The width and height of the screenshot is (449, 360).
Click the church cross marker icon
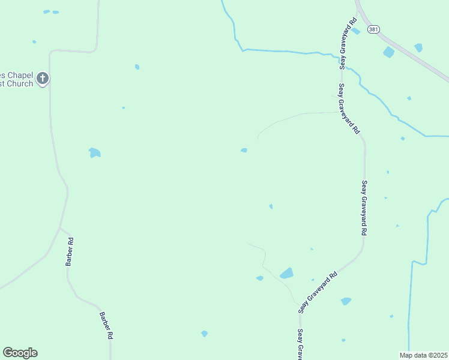(43, 78)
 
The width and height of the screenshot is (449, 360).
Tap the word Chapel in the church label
(17, 75)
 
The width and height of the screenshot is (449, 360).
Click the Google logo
(20, 353)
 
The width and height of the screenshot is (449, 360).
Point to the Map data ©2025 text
(424, 355)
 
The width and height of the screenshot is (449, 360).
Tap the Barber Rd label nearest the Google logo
(106, 326)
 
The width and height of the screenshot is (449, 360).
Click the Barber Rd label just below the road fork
(70, 252)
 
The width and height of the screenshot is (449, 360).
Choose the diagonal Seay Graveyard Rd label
(318, 292)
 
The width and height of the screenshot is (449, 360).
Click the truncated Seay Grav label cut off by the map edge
(300, 344)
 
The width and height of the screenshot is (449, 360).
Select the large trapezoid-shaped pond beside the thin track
(287, 274)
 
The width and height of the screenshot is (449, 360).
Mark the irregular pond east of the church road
(94, 152)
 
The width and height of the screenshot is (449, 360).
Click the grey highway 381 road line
(414, 58)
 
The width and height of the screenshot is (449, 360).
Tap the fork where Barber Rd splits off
(59, 228)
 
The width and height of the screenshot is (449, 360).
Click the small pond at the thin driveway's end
(244, 150)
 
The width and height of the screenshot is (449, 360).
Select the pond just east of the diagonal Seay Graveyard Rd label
(346, 301)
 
